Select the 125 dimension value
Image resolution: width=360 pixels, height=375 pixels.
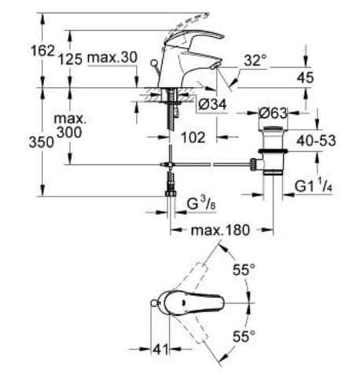(70, 59)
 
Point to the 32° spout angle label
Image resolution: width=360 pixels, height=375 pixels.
(256, 60)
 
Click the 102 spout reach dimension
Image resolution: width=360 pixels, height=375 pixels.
(193, 137)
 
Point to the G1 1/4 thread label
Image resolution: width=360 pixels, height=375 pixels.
(315, 188)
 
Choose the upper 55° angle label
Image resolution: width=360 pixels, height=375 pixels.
(244, 270)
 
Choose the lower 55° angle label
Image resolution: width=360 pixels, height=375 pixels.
(244, 337)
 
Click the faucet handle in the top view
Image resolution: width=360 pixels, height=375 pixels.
(193, 303)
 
